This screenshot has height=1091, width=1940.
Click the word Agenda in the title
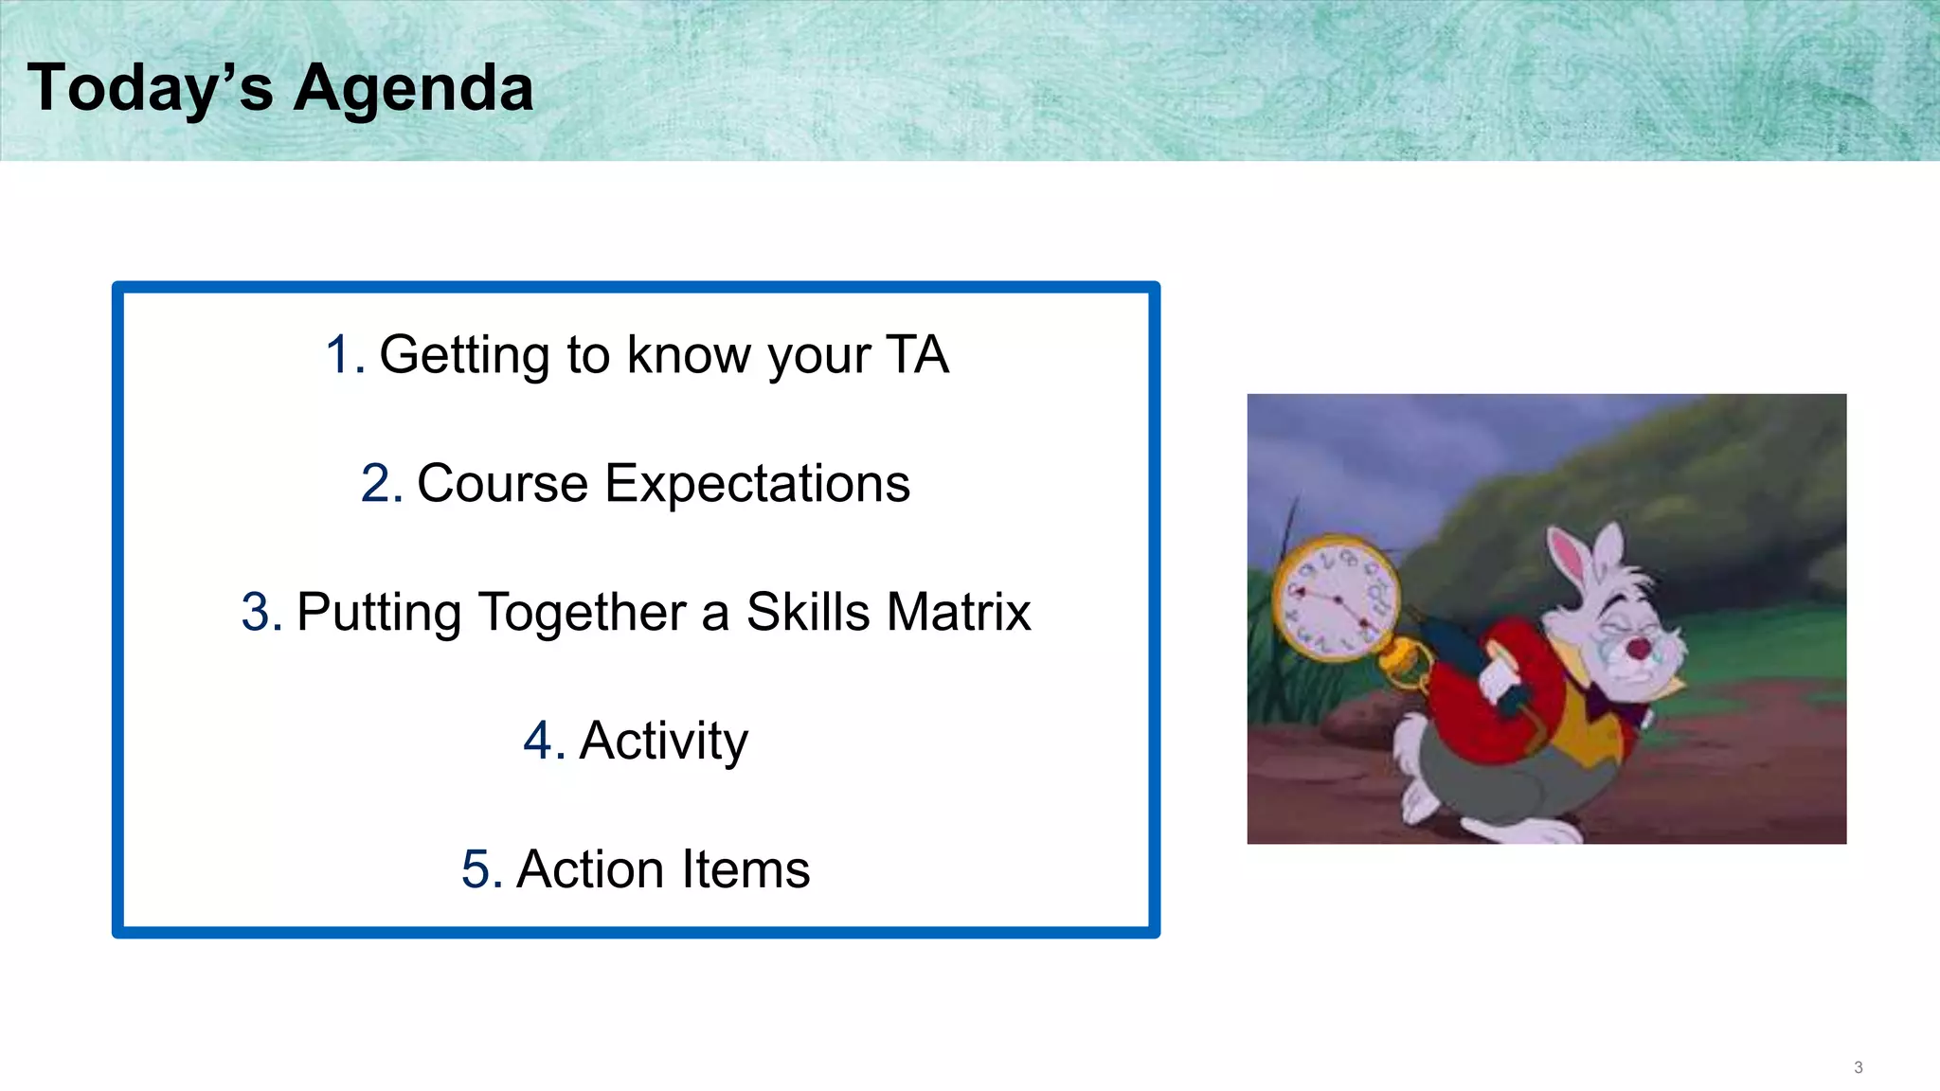coord(413,89)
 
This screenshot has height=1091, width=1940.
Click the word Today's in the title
coord(150,87)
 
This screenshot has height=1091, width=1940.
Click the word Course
coord(502,484)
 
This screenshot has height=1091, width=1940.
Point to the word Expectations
coord(757,484)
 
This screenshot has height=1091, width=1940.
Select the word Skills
coord(807,612)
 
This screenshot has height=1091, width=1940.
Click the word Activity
coord(663,741)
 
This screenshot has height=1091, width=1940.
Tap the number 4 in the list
coord(541,741)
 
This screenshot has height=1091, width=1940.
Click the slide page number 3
coord(1858,1067)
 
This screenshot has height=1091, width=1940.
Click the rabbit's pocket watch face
coord(1335,598)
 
